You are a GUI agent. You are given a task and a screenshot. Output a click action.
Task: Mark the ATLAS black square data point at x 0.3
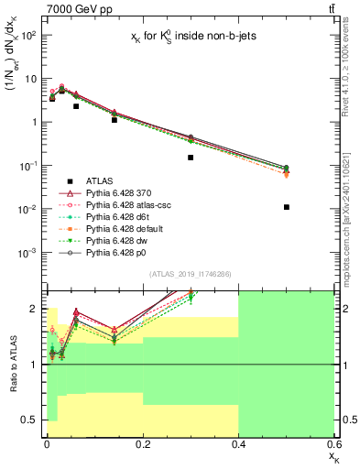[191, 158]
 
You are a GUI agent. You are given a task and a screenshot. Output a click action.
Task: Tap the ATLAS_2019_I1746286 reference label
[191, 274]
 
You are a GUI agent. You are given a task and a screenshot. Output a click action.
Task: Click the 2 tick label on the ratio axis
[34, 309]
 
